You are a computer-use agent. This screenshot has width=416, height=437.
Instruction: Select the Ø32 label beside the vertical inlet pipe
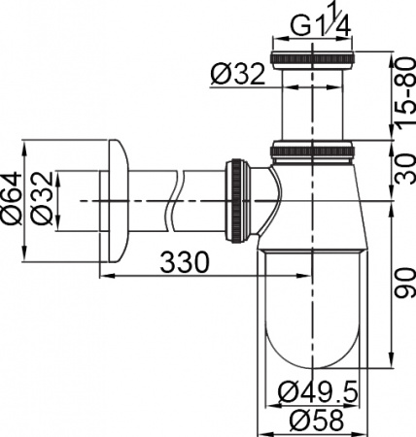(237, 73)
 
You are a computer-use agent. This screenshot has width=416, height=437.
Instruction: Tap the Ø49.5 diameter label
(318, 392)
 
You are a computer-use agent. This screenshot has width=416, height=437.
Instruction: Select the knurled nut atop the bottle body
(313, 151)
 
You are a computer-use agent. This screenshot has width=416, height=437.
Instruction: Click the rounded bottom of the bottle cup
(313, 364)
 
